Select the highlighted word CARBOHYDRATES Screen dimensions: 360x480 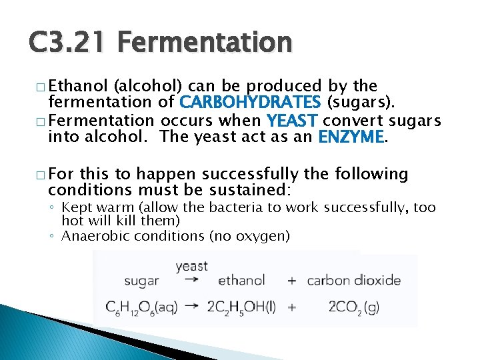click(249, 102)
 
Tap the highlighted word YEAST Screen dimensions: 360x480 click(293, 121)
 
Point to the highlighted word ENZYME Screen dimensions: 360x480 click(351, 137)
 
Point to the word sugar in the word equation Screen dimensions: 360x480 click(141, 281)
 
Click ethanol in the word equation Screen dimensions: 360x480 click(241, 281)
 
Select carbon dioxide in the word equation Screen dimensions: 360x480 click(354, 281)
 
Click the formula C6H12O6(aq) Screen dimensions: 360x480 click(141, 307)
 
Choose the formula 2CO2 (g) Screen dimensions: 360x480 click(354, 307)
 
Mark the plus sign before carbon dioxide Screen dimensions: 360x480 click(291, 281)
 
